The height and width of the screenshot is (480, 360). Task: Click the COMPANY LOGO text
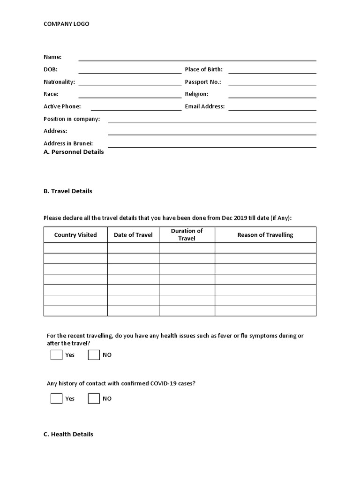pos(66,24)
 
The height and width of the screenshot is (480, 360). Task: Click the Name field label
pos(52,57)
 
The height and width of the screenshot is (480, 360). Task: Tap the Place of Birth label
pos(203,70)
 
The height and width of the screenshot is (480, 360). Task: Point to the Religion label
pos(196,94)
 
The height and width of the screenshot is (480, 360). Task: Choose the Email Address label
pos(205,106)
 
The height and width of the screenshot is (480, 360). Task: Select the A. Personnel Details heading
pos(74,152)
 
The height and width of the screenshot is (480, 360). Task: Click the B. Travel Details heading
pos(68,191)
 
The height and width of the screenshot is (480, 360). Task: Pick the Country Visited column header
pos(75,235)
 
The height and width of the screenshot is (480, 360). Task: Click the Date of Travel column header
pos(133,235)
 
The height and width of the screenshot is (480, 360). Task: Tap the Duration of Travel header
pos(187,234)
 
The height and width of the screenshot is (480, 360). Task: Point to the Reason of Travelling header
pos(265,235)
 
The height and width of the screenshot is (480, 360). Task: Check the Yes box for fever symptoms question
pos(56,355)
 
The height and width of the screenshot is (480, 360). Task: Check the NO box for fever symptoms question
pos(94,355)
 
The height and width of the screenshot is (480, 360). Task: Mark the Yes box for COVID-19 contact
pos(56,398)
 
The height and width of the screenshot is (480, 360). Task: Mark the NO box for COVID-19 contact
pos(94,398)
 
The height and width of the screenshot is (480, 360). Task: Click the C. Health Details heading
pos(68,435)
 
